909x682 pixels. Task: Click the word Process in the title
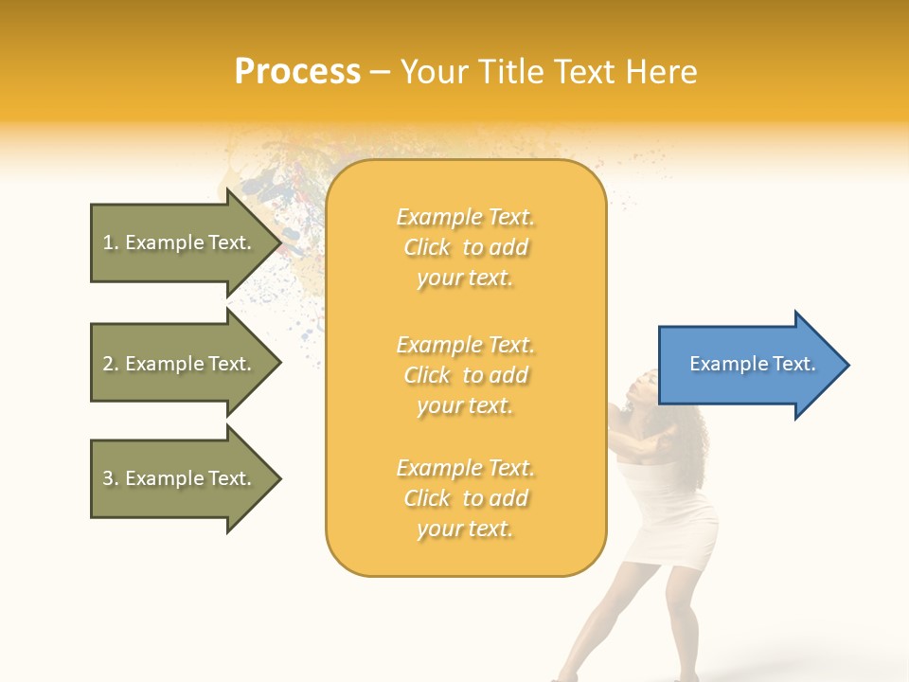pos(297,71)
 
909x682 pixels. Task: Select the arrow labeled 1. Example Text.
pos(180,242)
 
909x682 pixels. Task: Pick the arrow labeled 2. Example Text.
pos(180,364)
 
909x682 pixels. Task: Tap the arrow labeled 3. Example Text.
pos(180,478)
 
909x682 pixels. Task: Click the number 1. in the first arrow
pos(111,242)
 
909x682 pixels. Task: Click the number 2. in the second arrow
pos(111,364)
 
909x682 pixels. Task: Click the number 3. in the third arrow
pos(111,478)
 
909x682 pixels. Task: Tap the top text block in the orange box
pos(465,247)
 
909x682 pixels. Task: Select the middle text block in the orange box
pos(465,375)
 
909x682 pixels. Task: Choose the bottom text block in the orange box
pos(465,498)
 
